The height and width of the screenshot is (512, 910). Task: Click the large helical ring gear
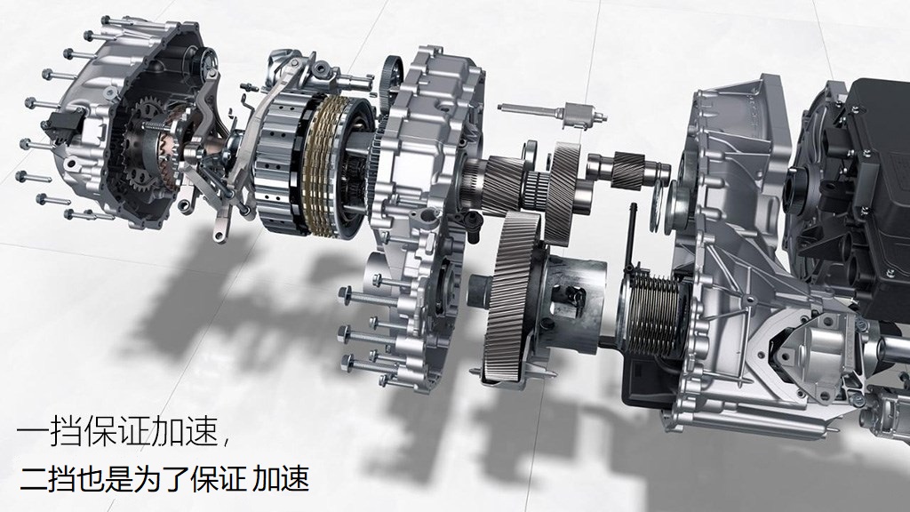click(x=511, y=293)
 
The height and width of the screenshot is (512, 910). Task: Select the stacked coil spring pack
click(x=653, y=314)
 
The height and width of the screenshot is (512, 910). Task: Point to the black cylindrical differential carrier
click(x=571, y=305)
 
